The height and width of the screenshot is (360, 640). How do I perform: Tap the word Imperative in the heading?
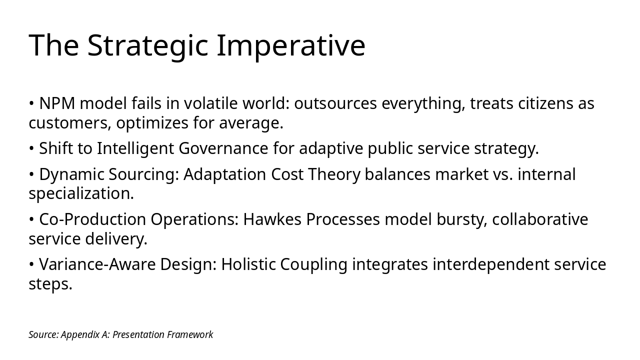(x=291, y=45)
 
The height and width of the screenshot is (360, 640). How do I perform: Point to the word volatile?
(x=210, y=103)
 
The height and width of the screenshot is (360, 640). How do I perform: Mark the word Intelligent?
(x=135, y=148)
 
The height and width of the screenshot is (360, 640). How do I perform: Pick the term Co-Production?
(x=94, y=219)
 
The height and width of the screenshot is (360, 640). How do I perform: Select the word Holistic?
(x=248, y=264)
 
